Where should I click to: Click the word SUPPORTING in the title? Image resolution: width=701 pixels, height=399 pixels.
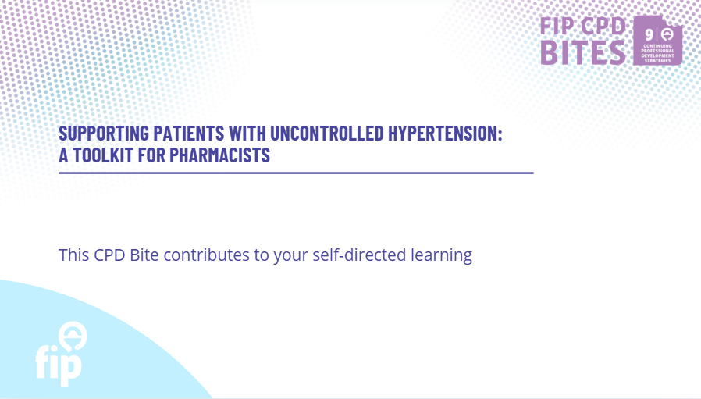tap(104, 134)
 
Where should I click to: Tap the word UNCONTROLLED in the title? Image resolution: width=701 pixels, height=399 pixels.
tap(327, 134)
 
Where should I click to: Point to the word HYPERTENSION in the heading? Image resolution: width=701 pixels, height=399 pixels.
tap(443, 134)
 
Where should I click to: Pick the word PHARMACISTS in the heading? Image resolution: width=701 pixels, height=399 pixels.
tap(219, 155)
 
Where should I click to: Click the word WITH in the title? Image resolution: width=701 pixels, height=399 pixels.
tap(247, 134)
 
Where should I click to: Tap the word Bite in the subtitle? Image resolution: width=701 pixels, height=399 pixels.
tap(144, 255)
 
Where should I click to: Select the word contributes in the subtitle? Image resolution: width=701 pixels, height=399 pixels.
tap(206, 255)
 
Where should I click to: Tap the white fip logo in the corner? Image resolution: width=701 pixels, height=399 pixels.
tap(61, 354)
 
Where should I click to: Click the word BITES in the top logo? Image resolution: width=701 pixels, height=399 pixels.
tap(583, 53)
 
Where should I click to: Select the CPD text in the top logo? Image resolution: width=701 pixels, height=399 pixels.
tap(603, 26)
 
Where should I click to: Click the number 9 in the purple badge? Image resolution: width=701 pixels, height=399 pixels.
tap(649, 34)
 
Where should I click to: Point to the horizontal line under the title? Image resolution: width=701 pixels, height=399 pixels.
tap(296, 173)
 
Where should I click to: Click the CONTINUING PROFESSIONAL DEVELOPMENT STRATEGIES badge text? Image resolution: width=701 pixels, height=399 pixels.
tap(657, 53)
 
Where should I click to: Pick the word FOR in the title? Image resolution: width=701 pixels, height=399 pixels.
tap(151, 155)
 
